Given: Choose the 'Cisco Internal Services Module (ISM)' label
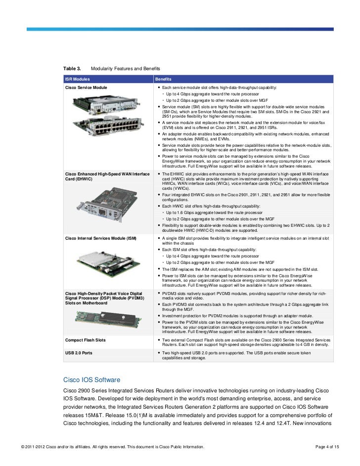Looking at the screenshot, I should coord(100,238).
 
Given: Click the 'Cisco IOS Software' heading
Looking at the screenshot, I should coord(91,380).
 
